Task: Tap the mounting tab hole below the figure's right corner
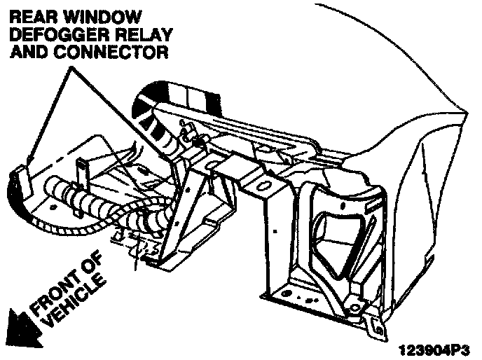(x=379, y=325)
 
